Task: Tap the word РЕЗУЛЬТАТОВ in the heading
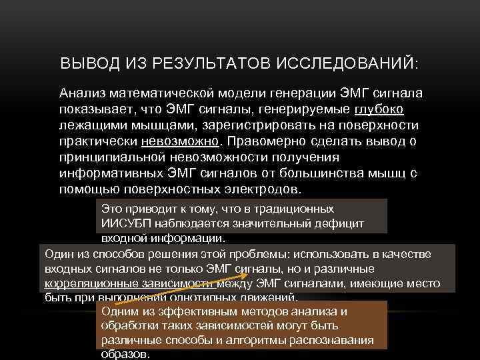(x=203, y=64)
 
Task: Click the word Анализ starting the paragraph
(x=83, y=93)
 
